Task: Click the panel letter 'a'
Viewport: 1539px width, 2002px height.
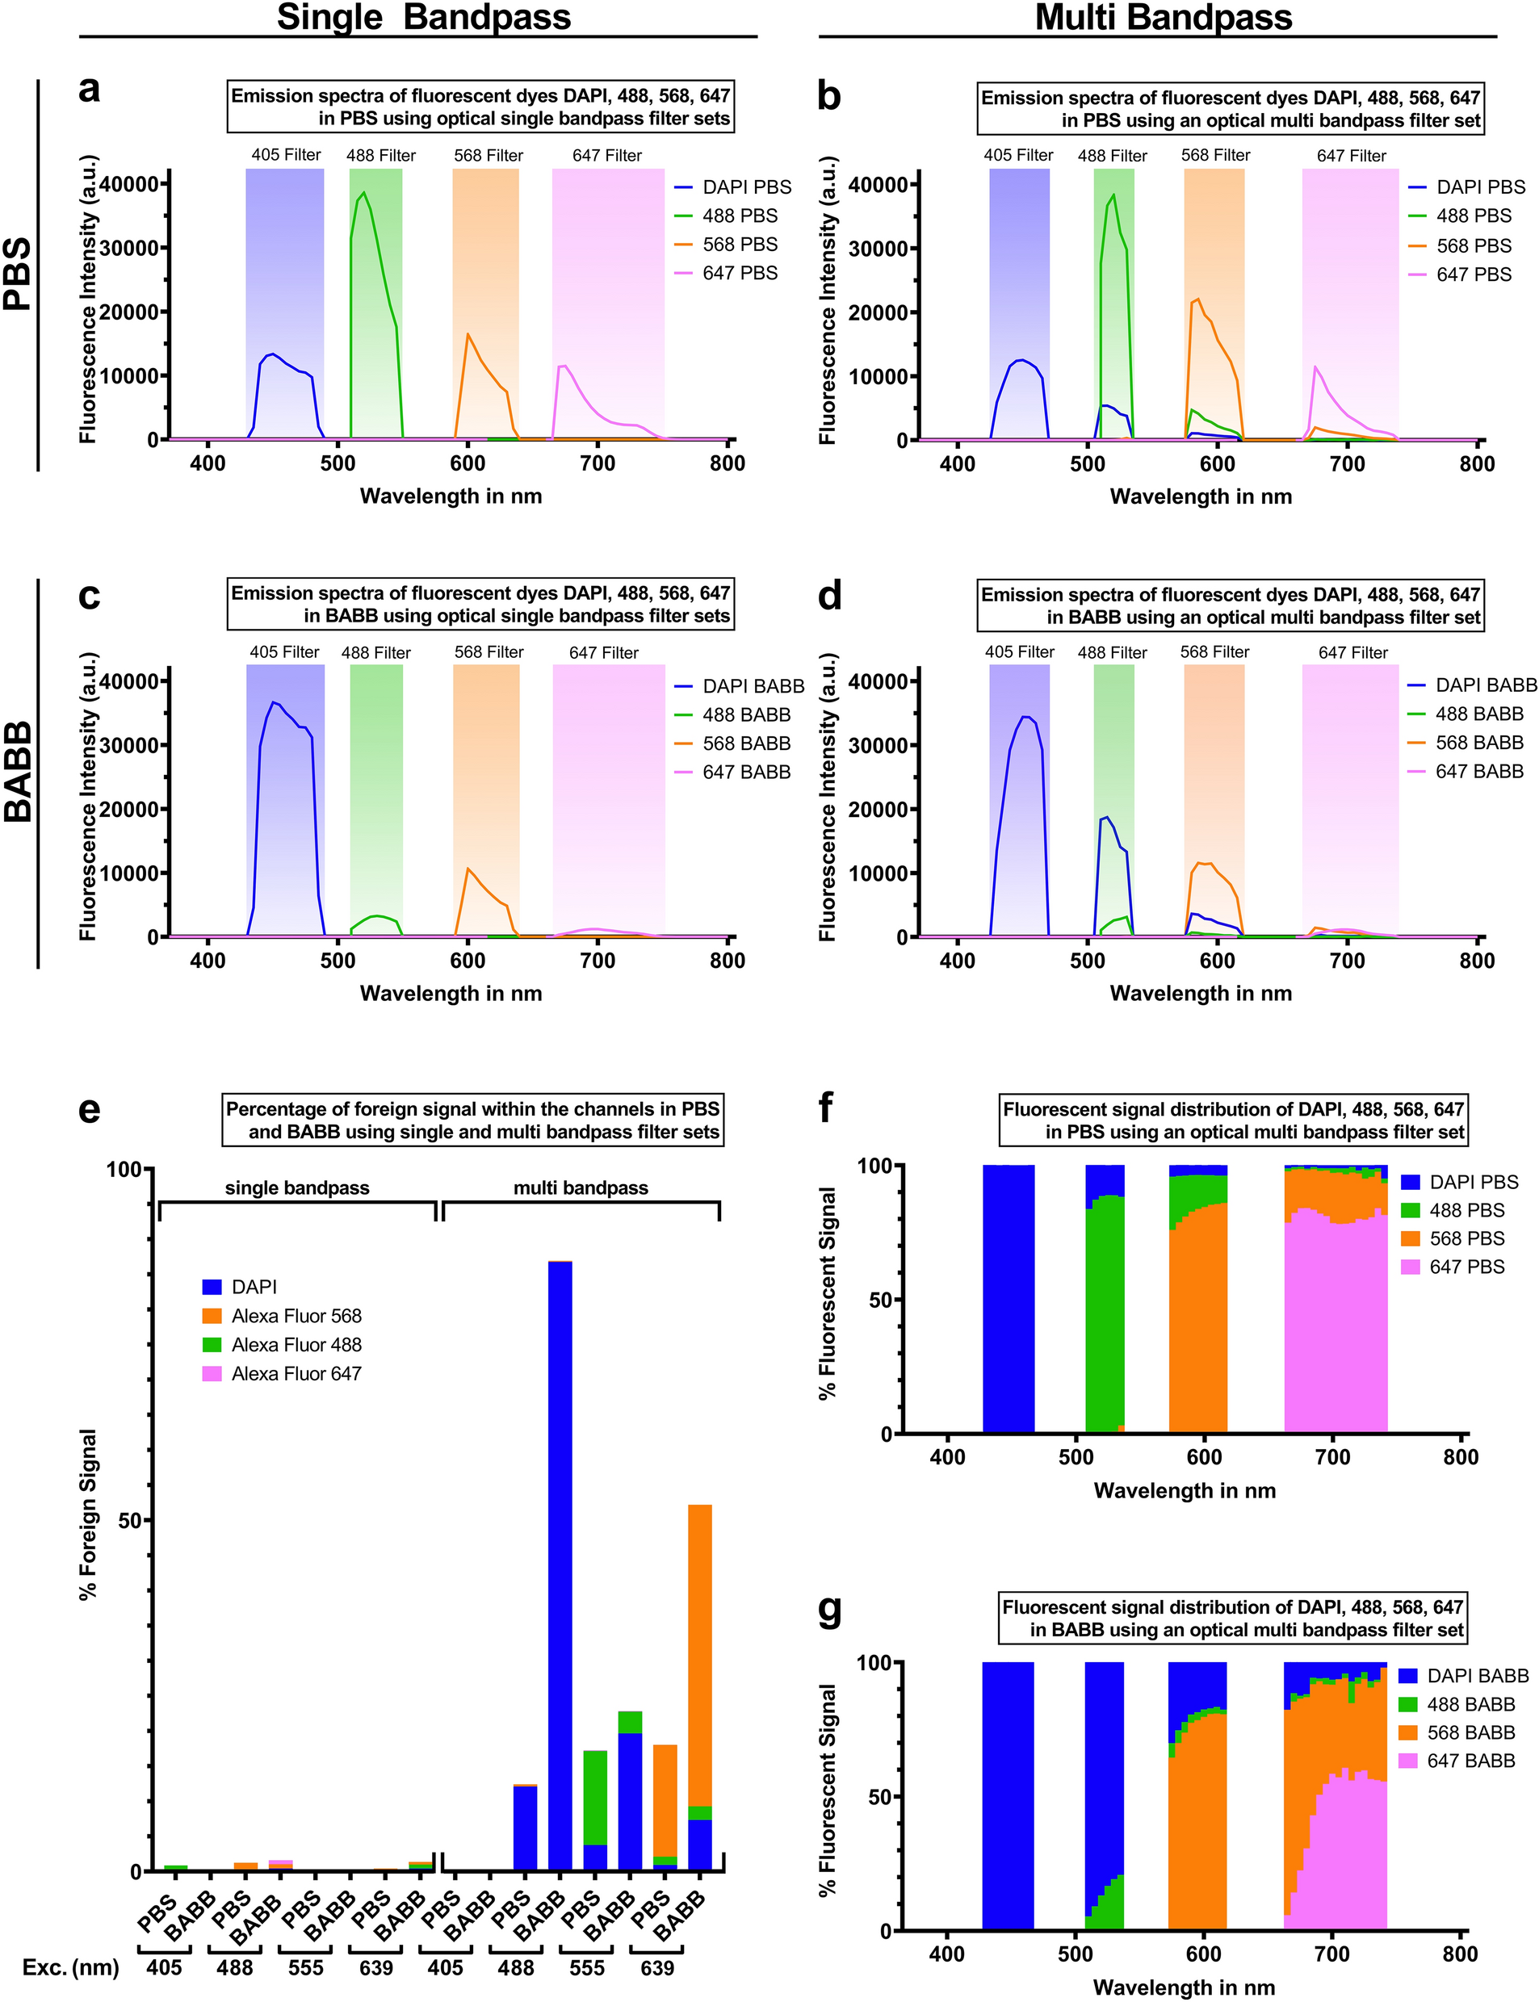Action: tap(89, 90)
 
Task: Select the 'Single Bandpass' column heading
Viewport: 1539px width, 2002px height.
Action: tap(423, 18)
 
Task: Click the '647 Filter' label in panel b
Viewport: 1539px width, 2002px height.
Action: tap(1351, 156)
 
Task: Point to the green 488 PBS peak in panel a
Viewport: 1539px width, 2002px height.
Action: tap(363, 193)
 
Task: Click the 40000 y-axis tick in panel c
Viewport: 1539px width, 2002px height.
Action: tap(128, 681)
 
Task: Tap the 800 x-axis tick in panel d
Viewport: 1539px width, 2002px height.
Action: tap(1477, 961)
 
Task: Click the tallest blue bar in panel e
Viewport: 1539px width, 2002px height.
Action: tap(560, 1566)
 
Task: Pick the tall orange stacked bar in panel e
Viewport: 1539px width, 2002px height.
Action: tap(700, 1648)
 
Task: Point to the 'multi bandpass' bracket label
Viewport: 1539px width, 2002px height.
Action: tap(581, 1187)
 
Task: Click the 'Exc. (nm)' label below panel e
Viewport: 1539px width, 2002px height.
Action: tap(70, 1968)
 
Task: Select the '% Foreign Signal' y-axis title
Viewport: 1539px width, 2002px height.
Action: tap(88, 1514)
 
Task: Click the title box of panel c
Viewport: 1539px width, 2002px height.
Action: tap(480, 605)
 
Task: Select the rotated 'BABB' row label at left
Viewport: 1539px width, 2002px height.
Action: tap(19, 772)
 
